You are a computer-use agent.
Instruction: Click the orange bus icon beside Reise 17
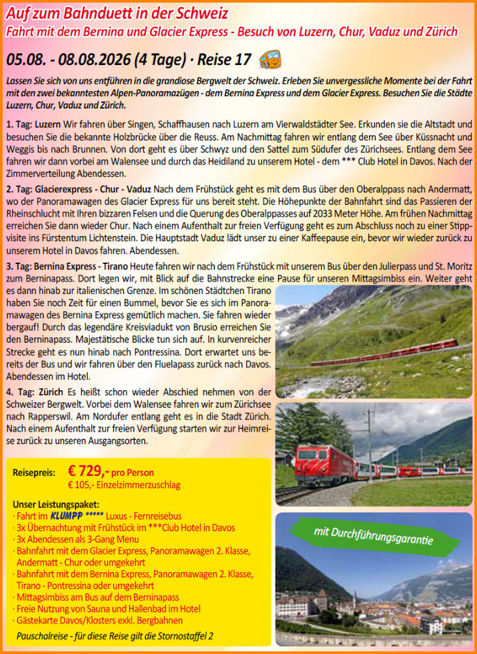[x=270, y=60]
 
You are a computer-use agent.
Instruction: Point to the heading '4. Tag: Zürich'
[x=34, y=392]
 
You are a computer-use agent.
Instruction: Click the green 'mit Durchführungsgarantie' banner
[x=372, y=535]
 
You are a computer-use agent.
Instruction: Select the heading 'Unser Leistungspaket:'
[x=56, y=504]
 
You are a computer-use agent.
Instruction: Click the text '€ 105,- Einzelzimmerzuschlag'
[x=123, y=485]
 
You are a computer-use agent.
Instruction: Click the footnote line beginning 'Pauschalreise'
[x=114, y=634]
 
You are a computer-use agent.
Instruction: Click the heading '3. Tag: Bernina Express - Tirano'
[x=71, y=268]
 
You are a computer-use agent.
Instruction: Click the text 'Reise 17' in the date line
[x=224, y=60]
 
